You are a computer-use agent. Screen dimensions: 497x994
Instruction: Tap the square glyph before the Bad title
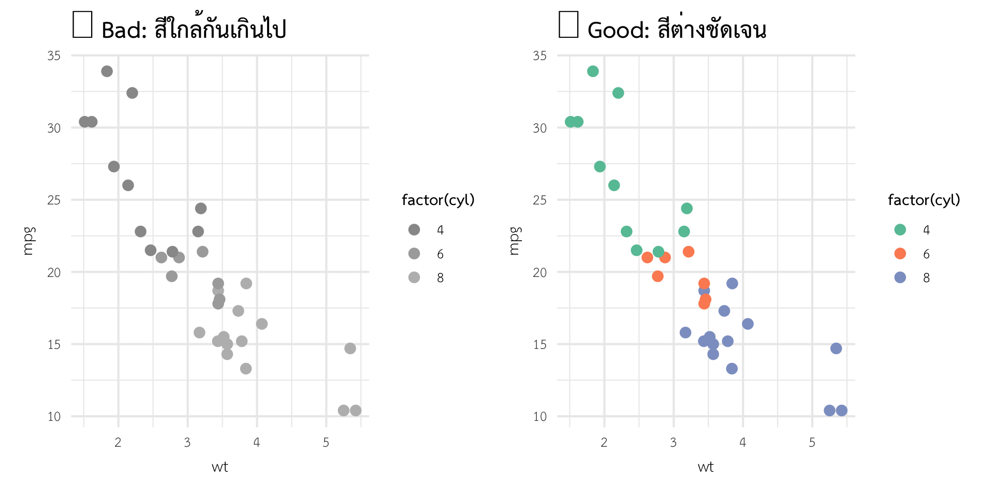tap(82, 24)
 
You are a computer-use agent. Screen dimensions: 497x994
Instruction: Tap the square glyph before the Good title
tap(568, 24)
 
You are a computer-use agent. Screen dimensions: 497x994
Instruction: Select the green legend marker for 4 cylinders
tap(900, 230)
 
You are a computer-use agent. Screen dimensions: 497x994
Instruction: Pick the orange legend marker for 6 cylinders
tap(900, 254)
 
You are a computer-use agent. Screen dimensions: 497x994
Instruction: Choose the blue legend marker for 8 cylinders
tap(900, 277)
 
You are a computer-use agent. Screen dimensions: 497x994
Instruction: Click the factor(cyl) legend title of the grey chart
tap(438, 200)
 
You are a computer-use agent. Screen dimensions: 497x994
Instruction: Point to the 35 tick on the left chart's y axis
tap(54, 55)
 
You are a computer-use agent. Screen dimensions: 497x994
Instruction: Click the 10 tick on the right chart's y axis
tap(539, 417)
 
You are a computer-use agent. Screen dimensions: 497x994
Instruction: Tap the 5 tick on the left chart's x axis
tap(326, 443)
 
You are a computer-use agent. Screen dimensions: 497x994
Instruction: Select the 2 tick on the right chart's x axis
tap(604, 443)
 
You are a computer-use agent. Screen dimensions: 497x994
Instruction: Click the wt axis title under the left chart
tap(220, 467)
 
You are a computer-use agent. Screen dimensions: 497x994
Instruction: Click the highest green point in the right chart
tap(593, 71)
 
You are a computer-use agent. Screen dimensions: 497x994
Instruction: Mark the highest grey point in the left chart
tap(107, 71)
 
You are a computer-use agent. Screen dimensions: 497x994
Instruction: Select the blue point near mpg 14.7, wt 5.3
tap(836, 348)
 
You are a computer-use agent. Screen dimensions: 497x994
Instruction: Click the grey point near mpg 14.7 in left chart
tap(350, 348)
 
